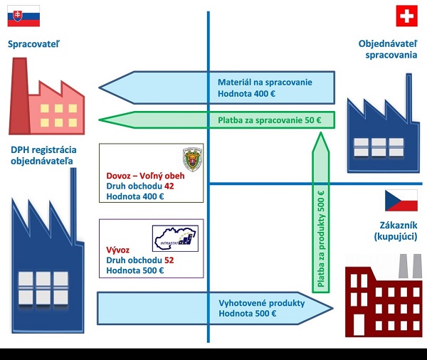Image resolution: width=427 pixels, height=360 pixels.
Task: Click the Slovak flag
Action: (24, 16)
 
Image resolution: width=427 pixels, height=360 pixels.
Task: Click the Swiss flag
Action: (407, 16)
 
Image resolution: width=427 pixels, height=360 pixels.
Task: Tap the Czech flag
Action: (401, 201)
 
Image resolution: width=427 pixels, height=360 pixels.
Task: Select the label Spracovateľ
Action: (33, 45)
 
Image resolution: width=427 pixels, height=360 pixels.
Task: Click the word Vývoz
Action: (117, 250)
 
